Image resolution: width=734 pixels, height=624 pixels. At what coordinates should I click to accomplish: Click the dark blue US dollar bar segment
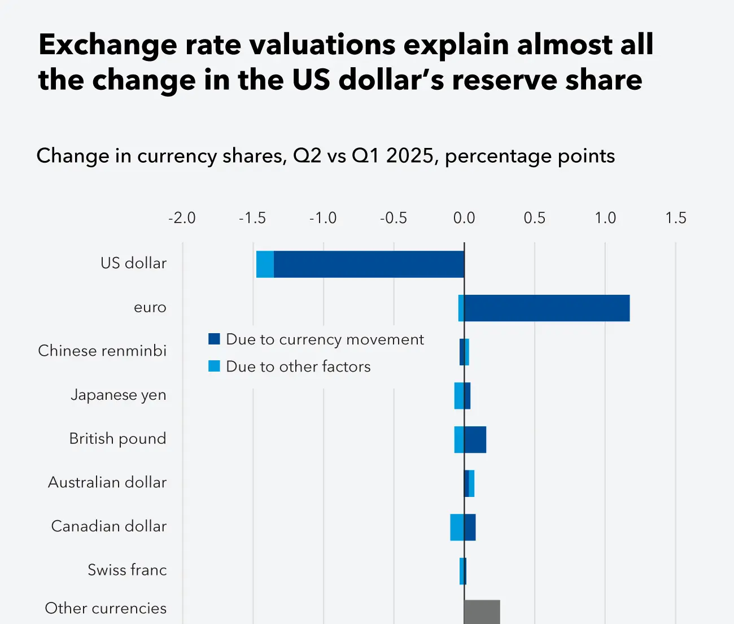[x=369, y=264]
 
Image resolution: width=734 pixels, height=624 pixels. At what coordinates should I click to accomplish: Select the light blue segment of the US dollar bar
[x=265, y=264]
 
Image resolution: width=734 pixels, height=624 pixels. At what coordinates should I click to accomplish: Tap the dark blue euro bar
[x=547, y=308]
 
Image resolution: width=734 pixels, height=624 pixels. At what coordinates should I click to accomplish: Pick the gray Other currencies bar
[x=482, y=612]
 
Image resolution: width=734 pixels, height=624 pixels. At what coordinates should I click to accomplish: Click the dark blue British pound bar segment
[x=475, y=439]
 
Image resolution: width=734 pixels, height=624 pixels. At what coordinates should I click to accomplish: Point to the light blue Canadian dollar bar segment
[x=457, y=527]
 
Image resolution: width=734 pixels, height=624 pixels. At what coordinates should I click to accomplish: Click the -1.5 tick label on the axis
[x=252, y=218]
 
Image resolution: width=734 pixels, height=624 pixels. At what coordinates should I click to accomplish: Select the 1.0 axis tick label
[x=605, y=218]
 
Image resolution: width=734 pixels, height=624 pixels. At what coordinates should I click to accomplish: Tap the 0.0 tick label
[x=464, y=218]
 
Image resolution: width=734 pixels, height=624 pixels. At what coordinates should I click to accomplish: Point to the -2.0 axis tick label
[x=182, y=218]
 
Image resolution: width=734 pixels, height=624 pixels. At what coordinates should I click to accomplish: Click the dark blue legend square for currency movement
[x=214, y=339]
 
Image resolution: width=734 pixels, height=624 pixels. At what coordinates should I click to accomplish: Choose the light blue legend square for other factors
[x=214, y=366]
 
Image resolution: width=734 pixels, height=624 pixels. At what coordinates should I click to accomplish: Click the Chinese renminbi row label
[x=102, y=351]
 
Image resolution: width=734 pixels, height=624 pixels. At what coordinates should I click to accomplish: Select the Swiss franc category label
[x=127, y=570]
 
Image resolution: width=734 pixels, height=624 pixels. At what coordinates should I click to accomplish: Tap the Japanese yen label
[x=119, y=395]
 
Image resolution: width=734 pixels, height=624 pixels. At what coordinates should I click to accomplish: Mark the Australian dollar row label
[x=107, y=482]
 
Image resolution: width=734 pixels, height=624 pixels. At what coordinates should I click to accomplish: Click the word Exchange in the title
[x=108, y=45]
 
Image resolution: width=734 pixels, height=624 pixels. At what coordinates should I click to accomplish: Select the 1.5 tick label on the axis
[x=676, y=218]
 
